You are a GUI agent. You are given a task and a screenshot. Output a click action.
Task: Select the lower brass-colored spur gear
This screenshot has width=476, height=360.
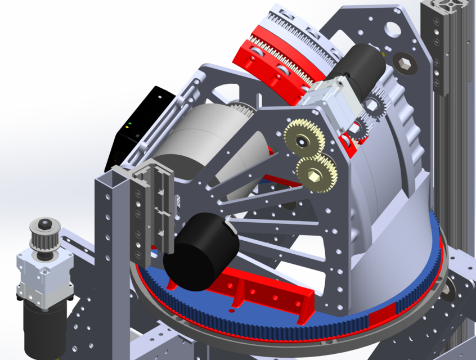(x=316, y=171)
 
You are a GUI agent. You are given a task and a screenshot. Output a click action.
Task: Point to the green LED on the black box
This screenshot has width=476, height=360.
(x=130, y=124)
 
